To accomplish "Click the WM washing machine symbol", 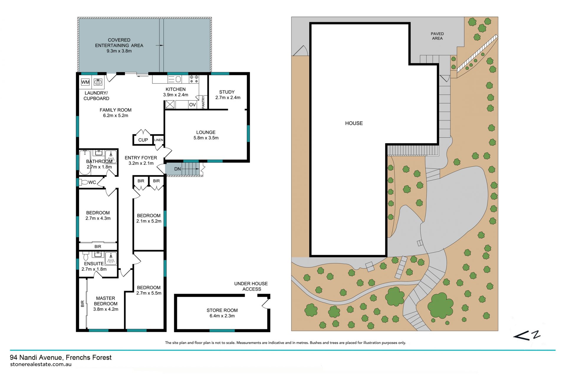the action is click(85, 82).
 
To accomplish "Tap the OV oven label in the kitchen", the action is click(192, 105).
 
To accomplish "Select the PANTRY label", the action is click(203, 102).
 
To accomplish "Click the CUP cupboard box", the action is click(143, 140).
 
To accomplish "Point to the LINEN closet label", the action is click(159, 140).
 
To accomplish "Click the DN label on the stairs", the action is click(177, 169).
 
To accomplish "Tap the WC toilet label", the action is click(92, 182).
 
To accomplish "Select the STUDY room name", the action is click(227, 92).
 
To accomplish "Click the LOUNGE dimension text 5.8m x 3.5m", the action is click(206, 138).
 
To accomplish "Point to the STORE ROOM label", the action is click(222, 310).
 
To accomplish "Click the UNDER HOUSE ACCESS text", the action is click(251, 286).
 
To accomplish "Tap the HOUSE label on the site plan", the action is click(354, 123).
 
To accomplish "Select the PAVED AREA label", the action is click(437, 36).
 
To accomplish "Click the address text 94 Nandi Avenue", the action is click(36, 358).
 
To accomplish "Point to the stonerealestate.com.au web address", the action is click(41, 364).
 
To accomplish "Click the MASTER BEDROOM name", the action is click(106, 301).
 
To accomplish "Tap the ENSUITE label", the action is click(94, 264).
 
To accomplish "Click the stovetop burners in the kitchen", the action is click(194, 79).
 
